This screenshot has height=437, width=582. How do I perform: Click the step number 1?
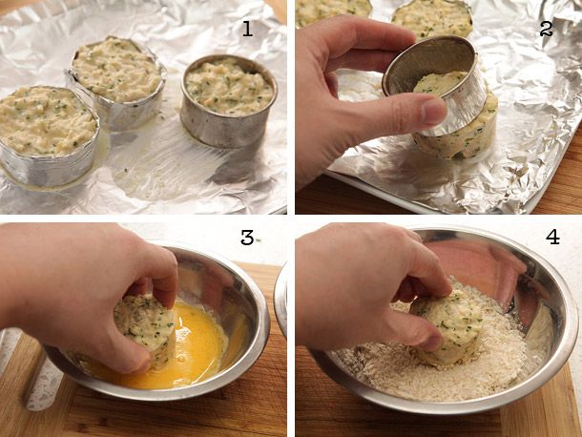coord(247,28)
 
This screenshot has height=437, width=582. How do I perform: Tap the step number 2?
coord(546,29)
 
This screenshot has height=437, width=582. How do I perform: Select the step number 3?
coord(247,238)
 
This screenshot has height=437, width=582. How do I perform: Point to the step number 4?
coord(552,238)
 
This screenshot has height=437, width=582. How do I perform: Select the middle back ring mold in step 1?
coord(117,80)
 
